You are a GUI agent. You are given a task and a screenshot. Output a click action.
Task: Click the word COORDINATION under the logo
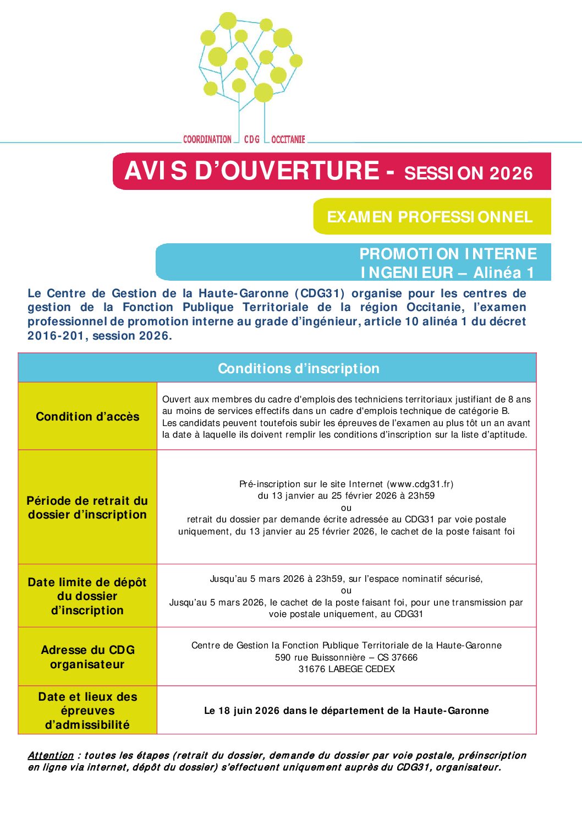coord(207,139)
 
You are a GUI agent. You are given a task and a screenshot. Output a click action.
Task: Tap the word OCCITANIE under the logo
coord(288,139)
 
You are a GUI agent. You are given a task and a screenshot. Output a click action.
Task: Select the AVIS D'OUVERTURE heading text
coord(252,171)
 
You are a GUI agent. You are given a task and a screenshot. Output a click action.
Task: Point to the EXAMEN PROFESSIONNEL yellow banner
coord(430,217)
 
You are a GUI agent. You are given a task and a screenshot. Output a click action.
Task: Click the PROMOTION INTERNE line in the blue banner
coord(448,254)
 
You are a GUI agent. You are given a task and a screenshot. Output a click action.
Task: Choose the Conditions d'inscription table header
coord(299,368)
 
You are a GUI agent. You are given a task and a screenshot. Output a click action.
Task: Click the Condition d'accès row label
coord(87,417)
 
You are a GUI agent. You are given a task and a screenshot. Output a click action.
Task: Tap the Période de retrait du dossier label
coord(87,508)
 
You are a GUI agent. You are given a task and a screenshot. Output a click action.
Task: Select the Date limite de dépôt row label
coord(87,596)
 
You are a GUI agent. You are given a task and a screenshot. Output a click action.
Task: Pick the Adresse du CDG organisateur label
coord(87,657)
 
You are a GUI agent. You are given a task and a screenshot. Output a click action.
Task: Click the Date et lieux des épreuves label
coord(87,711)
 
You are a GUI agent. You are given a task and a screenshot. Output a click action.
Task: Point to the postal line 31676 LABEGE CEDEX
coord(347,669)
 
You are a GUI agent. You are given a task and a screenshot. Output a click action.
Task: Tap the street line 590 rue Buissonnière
coord(346,657)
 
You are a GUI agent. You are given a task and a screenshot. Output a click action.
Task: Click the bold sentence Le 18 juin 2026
coord(346,711)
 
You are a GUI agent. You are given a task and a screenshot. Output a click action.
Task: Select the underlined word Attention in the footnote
coord(51,755)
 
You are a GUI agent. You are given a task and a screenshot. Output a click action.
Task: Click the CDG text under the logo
coord(251,139)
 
